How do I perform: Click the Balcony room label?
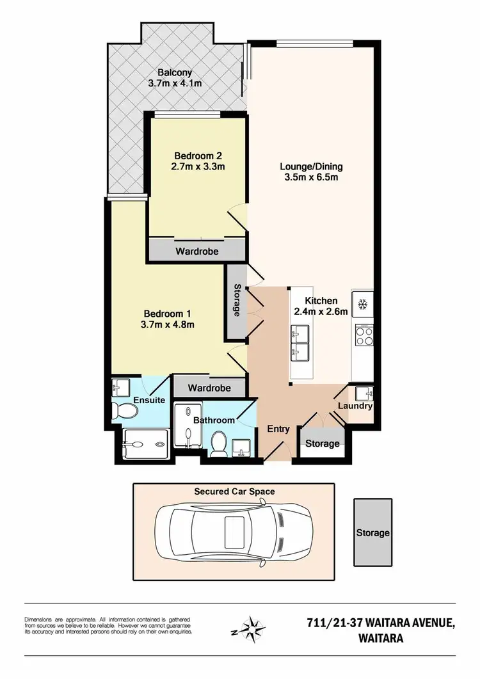tap(175, 73)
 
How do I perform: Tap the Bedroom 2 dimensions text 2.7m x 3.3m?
tap(198, 167)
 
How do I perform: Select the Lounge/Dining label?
tap(308, 167)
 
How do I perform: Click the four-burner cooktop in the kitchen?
tap(364, 336)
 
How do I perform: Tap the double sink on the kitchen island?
tap(300, 342)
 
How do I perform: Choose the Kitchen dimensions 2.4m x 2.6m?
tap(320, 312)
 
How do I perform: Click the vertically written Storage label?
tap(237, 301)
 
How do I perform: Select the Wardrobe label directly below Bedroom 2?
tap(197, 252)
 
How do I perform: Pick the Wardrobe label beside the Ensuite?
tap(209, 388)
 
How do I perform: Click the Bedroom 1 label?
tap(167, 314)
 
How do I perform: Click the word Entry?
tap(279, 429)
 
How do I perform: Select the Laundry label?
tap(355, 406)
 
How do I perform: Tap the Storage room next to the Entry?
tap(322, 443)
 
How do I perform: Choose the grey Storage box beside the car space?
tap(373, 532)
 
